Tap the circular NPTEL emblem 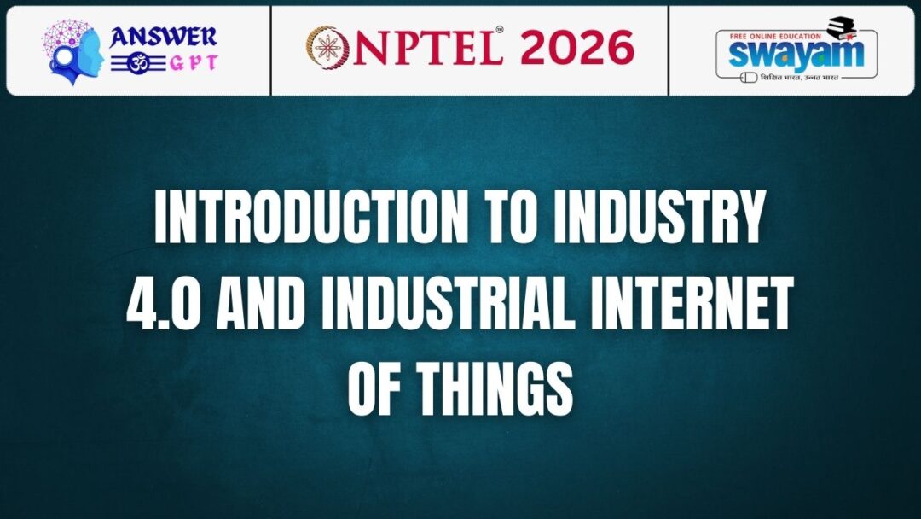coord(325,48)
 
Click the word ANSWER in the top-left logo coord(163,37)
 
